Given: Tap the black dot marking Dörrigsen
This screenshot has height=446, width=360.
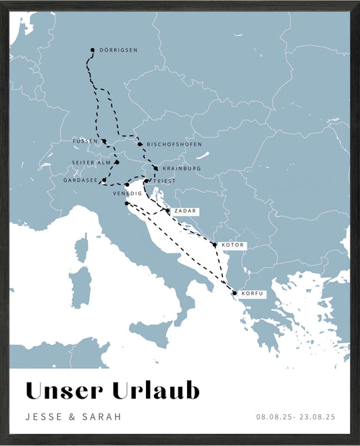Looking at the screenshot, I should coord(93,50).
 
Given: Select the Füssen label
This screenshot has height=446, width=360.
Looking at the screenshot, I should coord(85,141).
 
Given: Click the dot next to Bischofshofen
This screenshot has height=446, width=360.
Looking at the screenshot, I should coord(140,144).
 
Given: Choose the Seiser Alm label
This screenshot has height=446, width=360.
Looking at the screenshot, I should coord(91,163).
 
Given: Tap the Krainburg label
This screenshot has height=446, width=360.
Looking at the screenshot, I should coord(181,168).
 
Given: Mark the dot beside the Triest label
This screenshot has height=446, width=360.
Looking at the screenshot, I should coord(146,181).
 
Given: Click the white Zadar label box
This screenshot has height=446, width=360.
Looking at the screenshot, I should coord(185,211).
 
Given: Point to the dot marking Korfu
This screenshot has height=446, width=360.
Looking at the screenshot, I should coord(234,293).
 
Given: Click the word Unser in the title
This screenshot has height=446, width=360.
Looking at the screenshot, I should coord(64,391).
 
